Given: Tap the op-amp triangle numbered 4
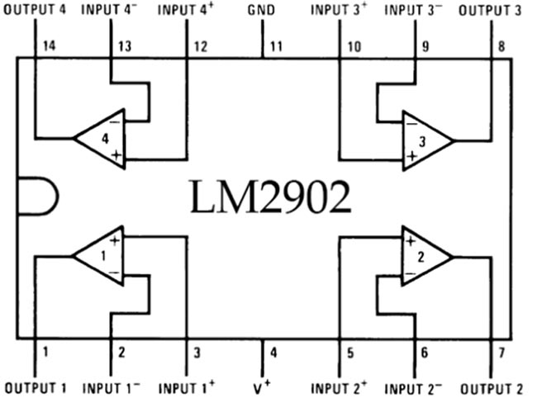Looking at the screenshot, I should point(103,139).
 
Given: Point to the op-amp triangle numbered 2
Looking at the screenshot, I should point(423,256).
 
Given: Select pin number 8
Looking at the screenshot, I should point(501,46).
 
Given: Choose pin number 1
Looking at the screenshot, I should point(46,353).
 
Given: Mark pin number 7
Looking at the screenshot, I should point(501,353).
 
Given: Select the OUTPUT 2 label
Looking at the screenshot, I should point(492,386).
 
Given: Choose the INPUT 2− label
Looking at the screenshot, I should point(415,386).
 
